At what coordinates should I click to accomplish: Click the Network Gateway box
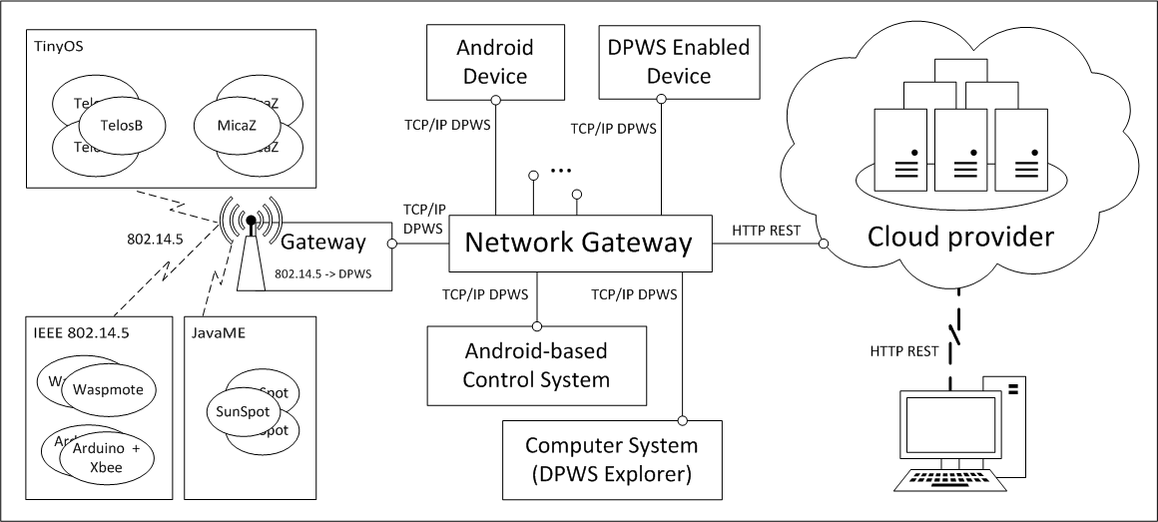pos(579,243)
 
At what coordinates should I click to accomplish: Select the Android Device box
pos(495,61)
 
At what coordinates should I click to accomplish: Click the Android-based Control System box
pos(537,365)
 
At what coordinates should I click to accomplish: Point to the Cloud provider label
pos(960,238)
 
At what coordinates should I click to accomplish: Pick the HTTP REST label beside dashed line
pos(903,350)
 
